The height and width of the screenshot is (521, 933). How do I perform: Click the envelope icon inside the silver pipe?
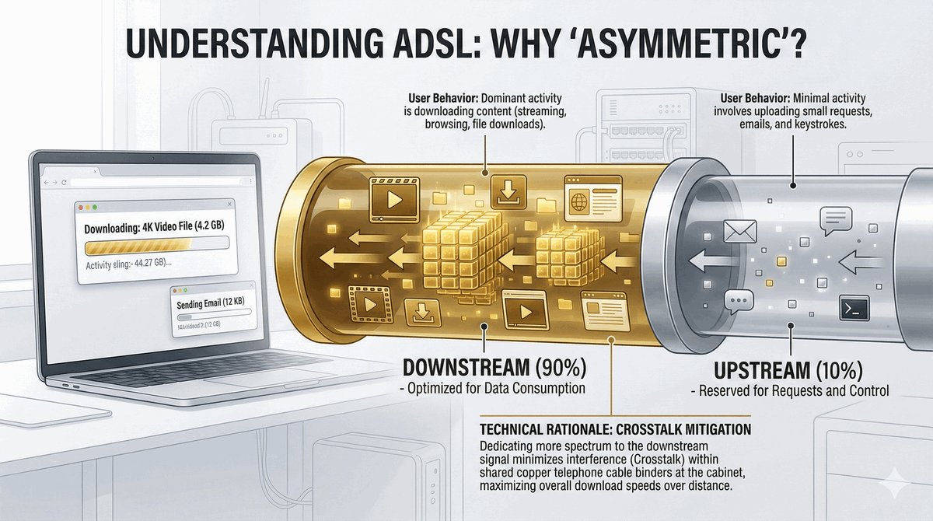point(739,231)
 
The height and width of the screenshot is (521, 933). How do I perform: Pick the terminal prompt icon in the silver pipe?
point(853,310)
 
